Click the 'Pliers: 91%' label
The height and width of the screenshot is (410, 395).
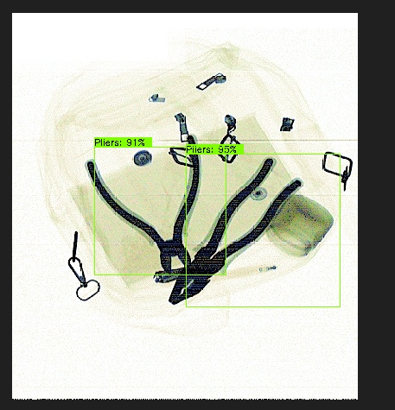(120, 142)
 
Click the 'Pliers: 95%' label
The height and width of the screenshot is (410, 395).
(211, 149)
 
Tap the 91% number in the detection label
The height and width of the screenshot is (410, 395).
(136, 142)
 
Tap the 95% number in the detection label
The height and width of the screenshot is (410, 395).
(227, 149)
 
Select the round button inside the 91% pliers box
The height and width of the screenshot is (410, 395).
(143, 158)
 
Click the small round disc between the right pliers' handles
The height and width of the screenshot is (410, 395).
(258, 193)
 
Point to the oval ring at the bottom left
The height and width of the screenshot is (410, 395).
(88, 290)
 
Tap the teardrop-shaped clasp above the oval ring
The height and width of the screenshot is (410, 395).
(77, 271)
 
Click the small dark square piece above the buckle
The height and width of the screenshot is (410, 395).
(287, 124)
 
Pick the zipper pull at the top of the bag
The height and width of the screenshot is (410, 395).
(212, 82)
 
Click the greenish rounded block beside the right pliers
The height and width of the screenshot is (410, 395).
(300, 225)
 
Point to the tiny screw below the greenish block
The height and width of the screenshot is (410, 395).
(267, 268)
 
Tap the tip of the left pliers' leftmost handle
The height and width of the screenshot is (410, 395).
(91, 165)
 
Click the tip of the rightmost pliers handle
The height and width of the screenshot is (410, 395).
(297, 182)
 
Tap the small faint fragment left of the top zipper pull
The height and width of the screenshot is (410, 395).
(157, 98)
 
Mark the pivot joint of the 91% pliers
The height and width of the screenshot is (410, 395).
(172, 253)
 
